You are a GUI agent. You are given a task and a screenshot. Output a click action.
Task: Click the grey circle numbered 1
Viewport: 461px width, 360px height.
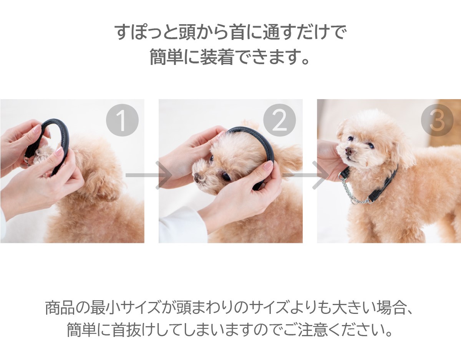point(122,120)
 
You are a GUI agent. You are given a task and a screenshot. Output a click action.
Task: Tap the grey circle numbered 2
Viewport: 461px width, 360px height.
point(279,120)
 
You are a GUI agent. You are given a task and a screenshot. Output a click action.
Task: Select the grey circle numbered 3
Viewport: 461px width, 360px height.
point(437,120)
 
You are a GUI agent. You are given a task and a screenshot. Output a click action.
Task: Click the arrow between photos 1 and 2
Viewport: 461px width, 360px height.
point(149,175)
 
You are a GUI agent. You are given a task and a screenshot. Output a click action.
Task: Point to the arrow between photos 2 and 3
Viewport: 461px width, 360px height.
point(305,175)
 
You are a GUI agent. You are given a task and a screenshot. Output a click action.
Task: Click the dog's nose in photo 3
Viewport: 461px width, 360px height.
point(348,151)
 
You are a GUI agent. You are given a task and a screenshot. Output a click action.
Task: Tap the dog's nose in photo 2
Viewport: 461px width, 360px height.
point(197,178)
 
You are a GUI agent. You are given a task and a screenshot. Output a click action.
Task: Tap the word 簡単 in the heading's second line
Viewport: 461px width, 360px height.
point(167,57)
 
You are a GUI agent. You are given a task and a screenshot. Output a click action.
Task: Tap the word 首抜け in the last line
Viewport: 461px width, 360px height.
point(134,330)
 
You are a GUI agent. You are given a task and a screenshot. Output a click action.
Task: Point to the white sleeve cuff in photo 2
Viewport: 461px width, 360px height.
point(182,227)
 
